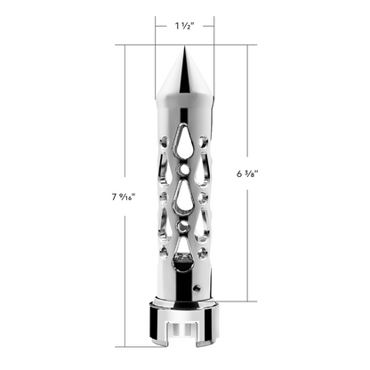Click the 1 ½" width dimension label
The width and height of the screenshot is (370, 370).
[184, 26]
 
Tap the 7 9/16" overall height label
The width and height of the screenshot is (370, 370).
[124, 197]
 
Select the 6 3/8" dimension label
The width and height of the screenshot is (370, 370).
[247, 173]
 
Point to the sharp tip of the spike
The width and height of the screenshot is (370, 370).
[184, 46]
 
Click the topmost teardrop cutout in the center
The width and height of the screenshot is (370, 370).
[184, 141]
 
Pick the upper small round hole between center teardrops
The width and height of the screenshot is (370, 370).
[184, 169]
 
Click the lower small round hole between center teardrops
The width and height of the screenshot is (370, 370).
[184, 226]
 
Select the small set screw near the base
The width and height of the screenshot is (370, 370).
[197, 287]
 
